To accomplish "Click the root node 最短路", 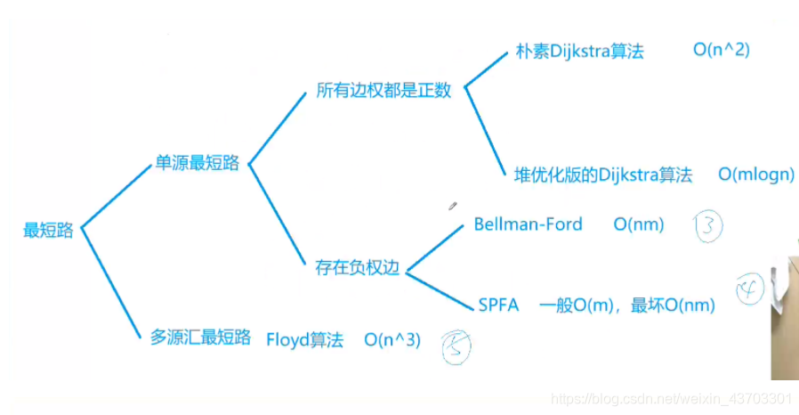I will click(48, 230).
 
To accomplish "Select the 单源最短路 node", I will click(197, 163).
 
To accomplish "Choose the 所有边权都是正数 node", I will click(383, 92).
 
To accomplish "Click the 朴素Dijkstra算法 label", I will click(579, 51).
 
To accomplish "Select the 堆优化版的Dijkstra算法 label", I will click(603, 175).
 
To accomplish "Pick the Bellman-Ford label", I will click(529, 224).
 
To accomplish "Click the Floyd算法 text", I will click(304, 339).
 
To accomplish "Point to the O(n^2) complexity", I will click(722, 50).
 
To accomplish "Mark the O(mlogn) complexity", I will click(756, 175).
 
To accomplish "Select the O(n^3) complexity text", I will click(392, 339).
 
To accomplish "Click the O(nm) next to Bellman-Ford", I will click(639, 224).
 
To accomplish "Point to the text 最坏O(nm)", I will click(674, 305).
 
